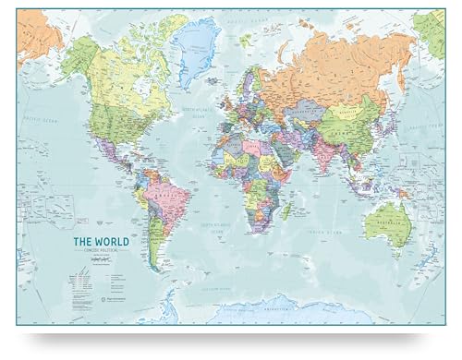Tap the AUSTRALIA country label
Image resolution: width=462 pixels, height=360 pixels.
point(386,218)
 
